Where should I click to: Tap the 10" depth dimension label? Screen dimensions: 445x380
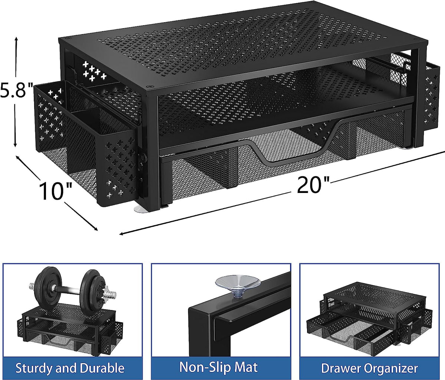pos(56,191)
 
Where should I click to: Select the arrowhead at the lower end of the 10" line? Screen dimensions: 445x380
pos(95,229)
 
